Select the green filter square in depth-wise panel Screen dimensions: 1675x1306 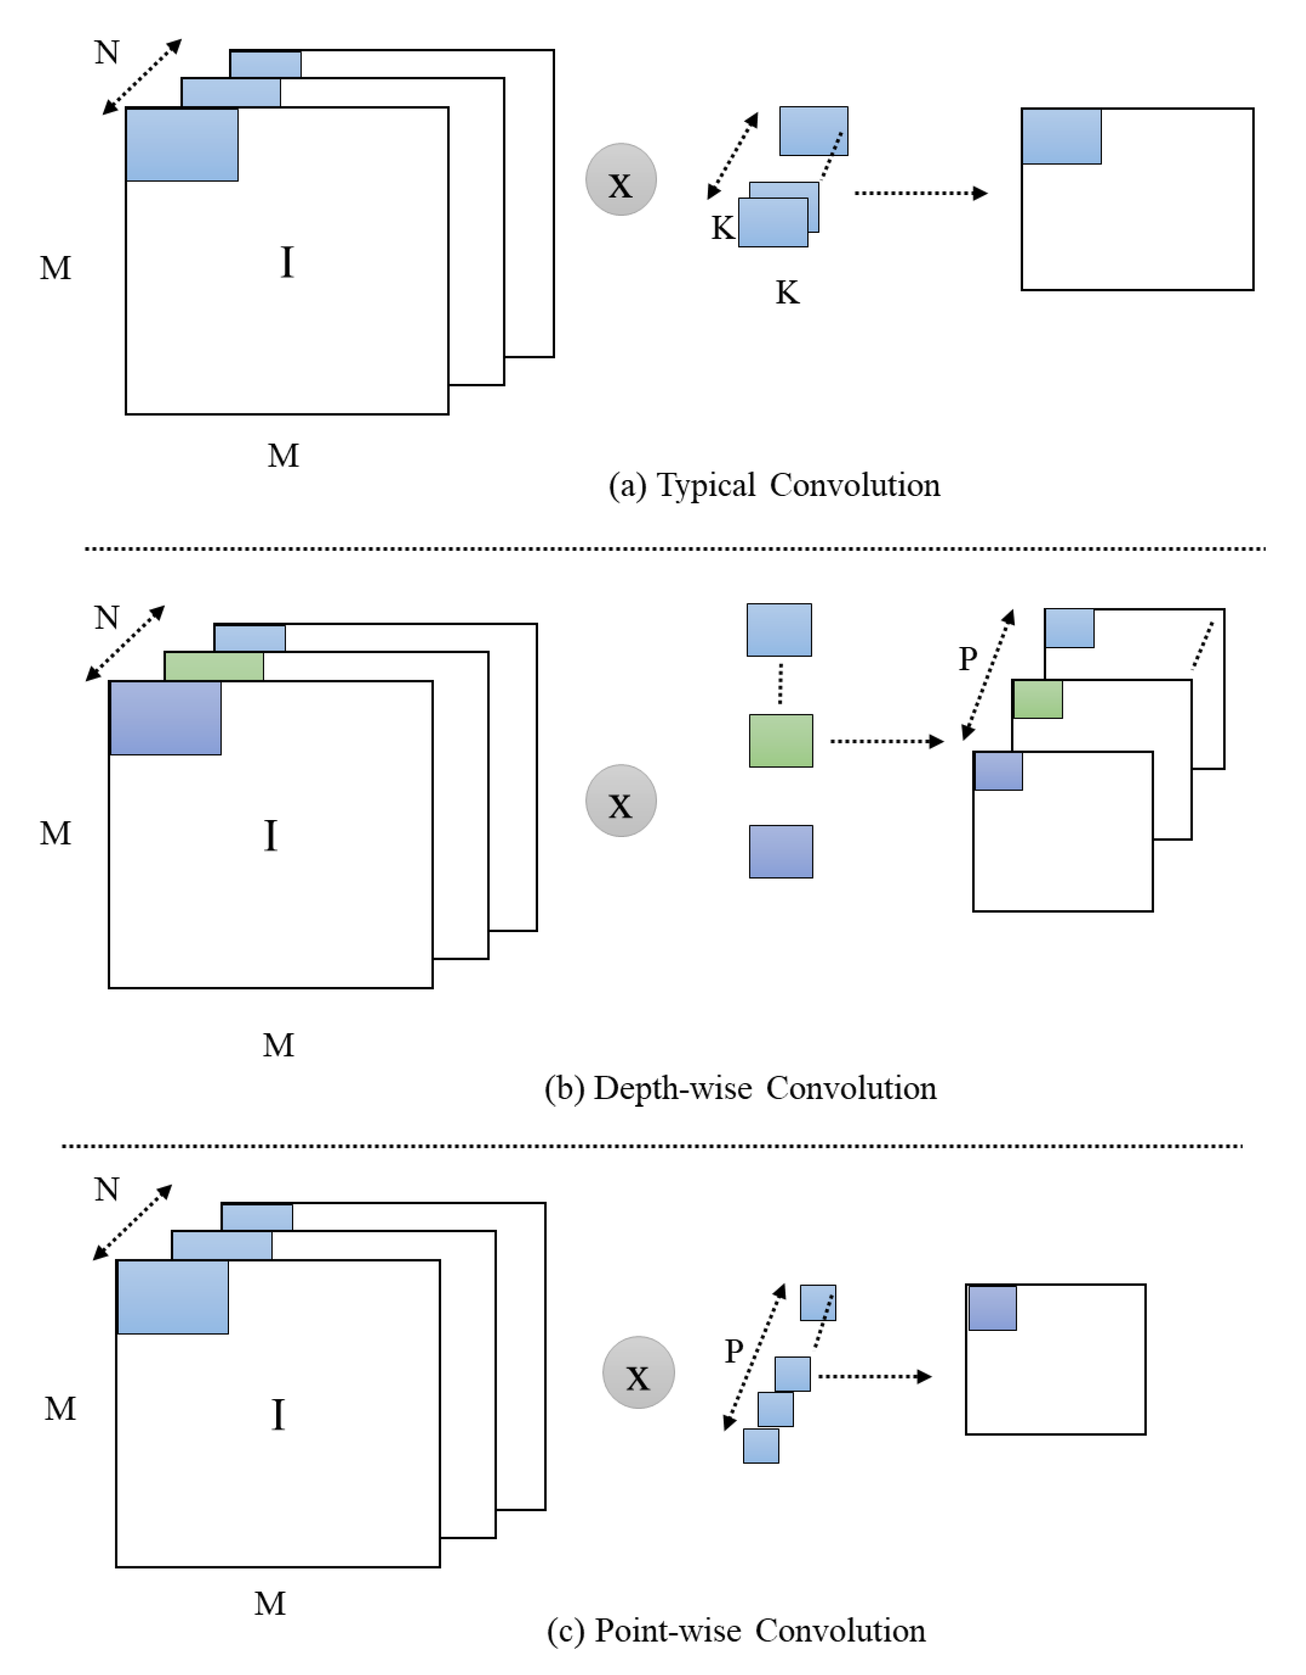[x=781, y=741]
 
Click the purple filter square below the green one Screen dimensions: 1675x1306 [x=781, y=851]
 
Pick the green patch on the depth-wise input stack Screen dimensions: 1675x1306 [x=214, y=666]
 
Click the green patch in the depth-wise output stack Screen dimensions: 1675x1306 [x=1038, y=699]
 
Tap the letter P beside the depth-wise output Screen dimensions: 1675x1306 [x=968, y=658]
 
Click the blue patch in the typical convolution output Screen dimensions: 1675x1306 [x=1061, y=137]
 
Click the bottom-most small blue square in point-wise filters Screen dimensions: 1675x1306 [x=761, y=1445]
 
